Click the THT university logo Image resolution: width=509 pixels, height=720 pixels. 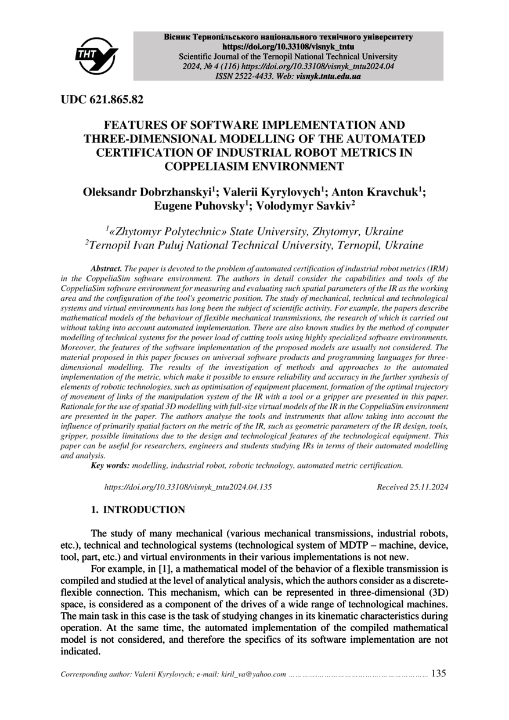click(x=96, y=56)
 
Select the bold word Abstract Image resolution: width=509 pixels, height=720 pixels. click(x=106, y=269)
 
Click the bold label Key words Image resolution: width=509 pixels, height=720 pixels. click(x=110, y=465)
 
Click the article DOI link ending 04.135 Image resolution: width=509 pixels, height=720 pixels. click(x=187, y=487)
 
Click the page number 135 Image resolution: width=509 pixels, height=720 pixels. click(x=439, y=674)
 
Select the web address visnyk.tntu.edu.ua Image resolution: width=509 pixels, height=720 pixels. click(x=328, y=76)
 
